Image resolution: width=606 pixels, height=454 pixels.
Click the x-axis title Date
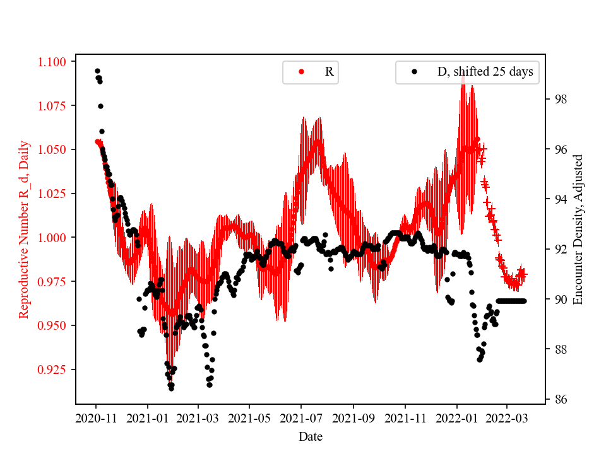[x=310, y=436]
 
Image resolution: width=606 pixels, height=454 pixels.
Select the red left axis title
[x=24, y=229]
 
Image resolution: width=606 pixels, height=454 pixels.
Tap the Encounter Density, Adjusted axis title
[x=578, y=229]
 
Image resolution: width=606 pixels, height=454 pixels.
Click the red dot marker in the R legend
[x=301, y=72]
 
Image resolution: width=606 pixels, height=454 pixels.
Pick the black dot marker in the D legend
[x=415, y=72]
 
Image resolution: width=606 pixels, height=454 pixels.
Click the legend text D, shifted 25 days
[x=485, y=72]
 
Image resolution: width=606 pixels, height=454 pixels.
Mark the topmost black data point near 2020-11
[x=97, y=71]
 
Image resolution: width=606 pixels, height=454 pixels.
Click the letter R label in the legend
[x=329, y=72]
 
